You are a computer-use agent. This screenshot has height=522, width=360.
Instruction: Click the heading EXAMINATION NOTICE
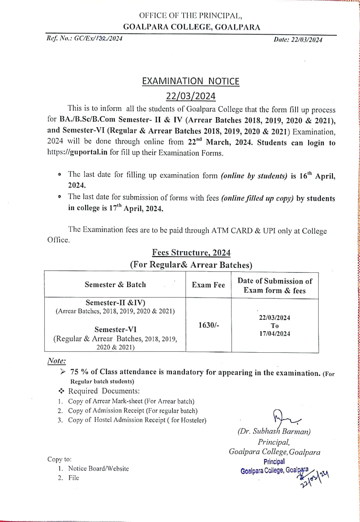click(x=191, y=81)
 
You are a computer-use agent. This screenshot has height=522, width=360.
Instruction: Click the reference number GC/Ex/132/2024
click(x=98, y=39)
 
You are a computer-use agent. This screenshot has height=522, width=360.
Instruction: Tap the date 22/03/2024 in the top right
click(x=307, y=40)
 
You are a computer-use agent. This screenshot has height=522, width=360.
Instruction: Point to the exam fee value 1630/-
click(x=209, y=325)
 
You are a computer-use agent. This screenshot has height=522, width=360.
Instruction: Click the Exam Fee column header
click(x=209, y=285)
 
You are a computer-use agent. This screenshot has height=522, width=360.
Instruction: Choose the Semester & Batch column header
click(x=115, y=285)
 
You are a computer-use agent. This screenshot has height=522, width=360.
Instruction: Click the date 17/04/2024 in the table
click(x=274, y=334)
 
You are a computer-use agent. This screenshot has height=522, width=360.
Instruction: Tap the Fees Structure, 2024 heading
click(x=191, y=253)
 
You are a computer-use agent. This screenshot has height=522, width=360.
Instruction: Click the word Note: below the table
click(x=56, y=361)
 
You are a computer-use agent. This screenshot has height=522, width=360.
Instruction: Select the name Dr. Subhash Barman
click(x=274, y=431)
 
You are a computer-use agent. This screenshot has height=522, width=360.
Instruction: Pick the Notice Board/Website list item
click(x=98, y=469)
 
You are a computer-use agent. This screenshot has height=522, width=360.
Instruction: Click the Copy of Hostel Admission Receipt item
click(x=137, y=420)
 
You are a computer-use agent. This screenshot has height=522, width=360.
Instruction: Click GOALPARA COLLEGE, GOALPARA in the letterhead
click(x=191, y=27)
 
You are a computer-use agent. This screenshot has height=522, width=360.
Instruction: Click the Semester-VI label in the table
click(x=115, y=329)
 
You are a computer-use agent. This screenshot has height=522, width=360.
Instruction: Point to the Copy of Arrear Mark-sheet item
click(x=131, y=401)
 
